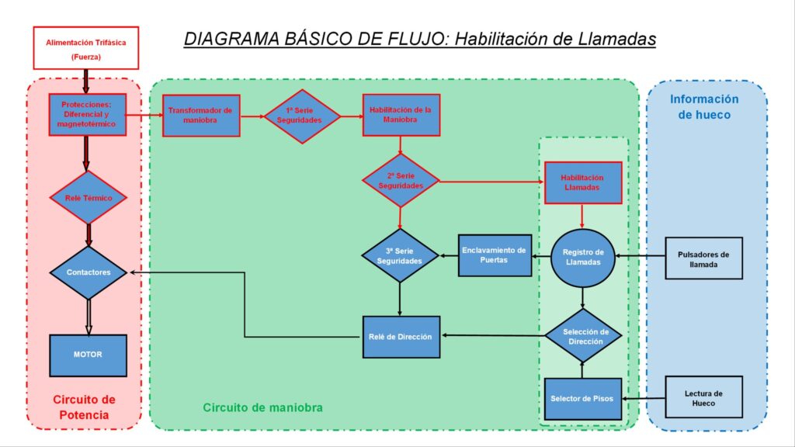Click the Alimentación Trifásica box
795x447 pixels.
[x=85, y=48]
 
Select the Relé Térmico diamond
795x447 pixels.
[x=89, y=198]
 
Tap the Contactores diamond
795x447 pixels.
[x=89, y=272]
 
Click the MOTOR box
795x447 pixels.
[x=89, y=355]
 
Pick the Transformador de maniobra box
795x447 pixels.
[x=201, y=116]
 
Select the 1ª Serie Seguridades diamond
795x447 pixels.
[x=302, y=116]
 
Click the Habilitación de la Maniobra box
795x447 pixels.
[x=401, y=115]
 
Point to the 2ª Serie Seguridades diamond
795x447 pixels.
[x=401, y=180]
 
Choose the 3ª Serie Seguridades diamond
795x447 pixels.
[x=400, y=256]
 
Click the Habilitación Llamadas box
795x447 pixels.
[x=583, y=183]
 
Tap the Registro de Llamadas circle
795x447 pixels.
[x=583, y=258]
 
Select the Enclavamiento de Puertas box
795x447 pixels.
[x=495, y=255]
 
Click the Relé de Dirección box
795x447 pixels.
[x=401, y=337]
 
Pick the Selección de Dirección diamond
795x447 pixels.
[x=584, y=336]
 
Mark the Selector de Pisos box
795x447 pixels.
[x=583, y=399]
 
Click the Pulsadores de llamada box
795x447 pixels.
[x=703, y=258]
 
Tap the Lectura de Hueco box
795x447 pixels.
[x=703, y=397]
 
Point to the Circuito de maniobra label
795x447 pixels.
[x=262, y=407]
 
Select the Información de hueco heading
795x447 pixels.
[x=704, y=107]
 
